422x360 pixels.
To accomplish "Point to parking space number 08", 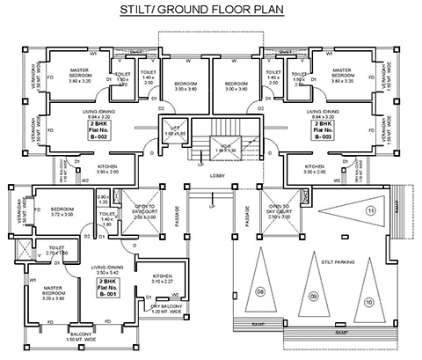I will (x=260, y=290).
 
